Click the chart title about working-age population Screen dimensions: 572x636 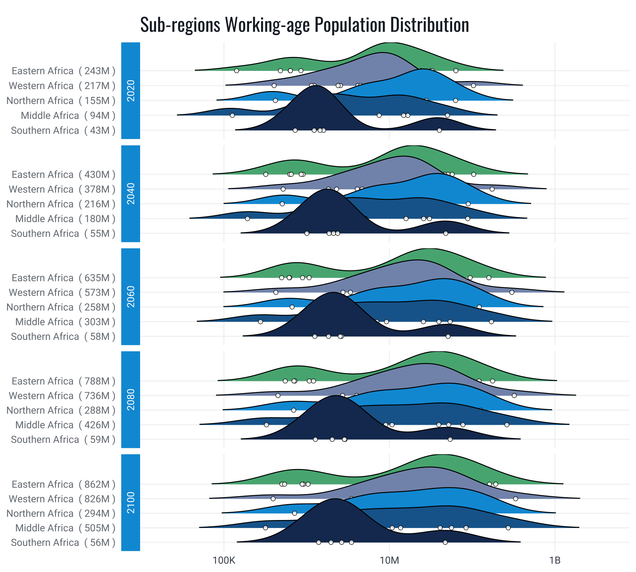point(304,25)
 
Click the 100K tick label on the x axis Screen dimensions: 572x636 point(224,560)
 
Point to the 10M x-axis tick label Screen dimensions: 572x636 point(389,560)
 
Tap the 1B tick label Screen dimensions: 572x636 point(555,560)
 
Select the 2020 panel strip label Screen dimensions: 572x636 point(131,90)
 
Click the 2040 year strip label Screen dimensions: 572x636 point(131,194)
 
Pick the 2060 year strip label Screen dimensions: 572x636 point(131,297)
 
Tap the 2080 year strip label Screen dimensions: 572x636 point(131,400)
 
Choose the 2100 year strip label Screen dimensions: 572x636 point(131,502)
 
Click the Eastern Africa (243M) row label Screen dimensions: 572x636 point(63,71)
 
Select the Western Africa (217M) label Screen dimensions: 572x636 point(62,86)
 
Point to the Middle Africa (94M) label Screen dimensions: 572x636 point(68,116)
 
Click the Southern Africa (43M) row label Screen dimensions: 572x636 point(63,130)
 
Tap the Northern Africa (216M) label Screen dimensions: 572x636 point(61,204)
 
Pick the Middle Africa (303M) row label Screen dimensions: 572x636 point(65,322)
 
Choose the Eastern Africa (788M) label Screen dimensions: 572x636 point(63,381)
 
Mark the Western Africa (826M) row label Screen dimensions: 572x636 point(62,499)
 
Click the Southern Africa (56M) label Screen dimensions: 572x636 point(63,543)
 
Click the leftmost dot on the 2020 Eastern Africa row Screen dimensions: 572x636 point(237,71)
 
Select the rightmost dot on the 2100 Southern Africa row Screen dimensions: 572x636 point(445,542)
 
